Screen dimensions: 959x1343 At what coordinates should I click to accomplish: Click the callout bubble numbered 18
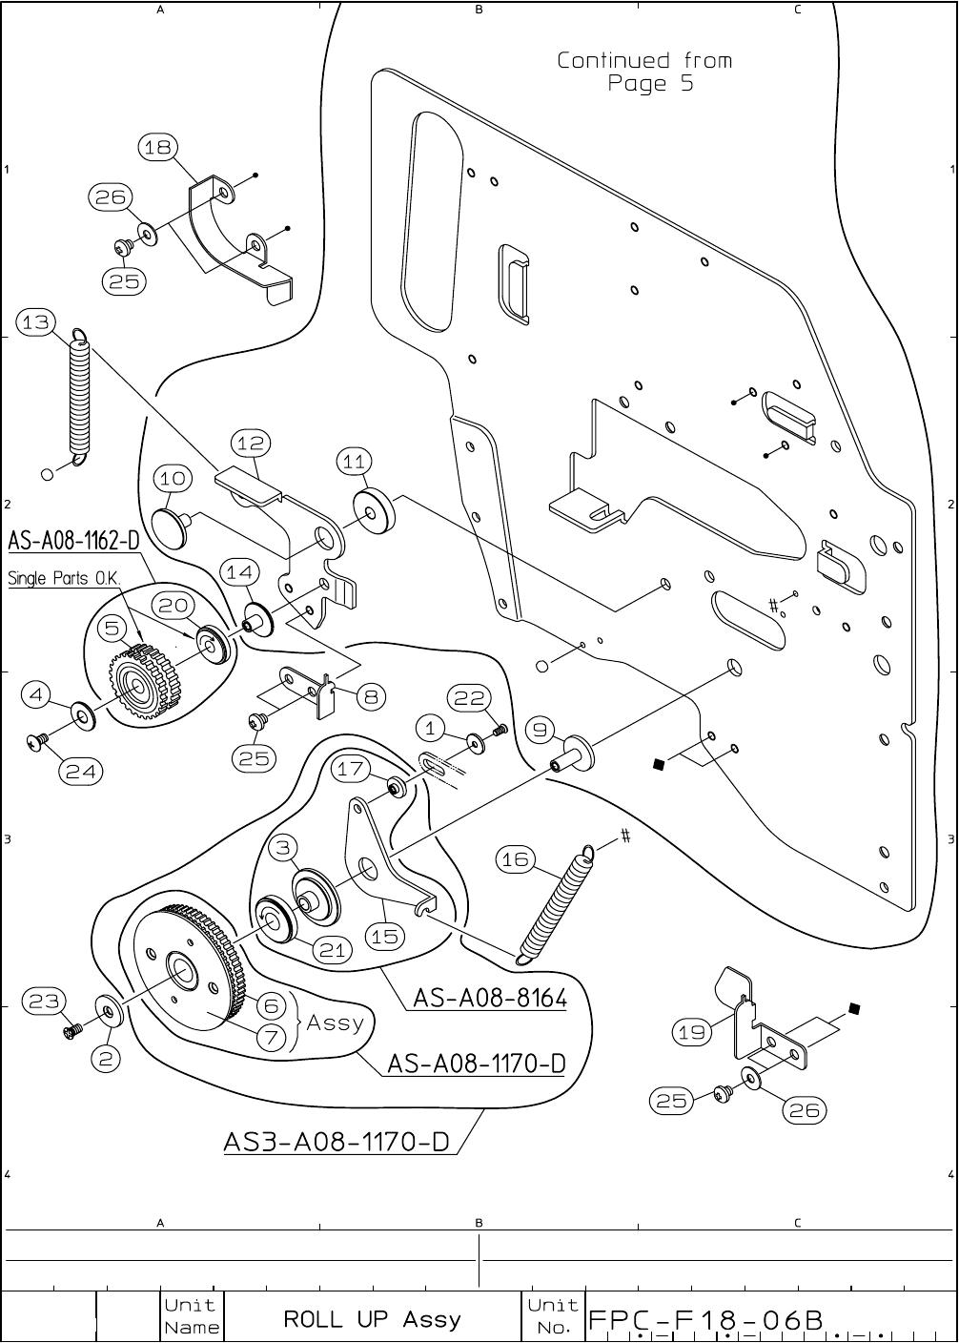click(x=158, y=148)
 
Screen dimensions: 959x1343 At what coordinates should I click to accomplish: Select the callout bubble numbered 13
click(x=35, y=322)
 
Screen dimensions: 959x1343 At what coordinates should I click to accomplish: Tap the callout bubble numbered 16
click(x=516, y=859)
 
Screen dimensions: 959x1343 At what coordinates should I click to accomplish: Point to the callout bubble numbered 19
click(x=692, y=1032)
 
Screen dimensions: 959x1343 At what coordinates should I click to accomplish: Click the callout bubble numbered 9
click(x=541, y=730)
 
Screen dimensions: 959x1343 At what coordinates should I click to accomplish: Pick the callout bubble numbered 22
click(x=469, y=698)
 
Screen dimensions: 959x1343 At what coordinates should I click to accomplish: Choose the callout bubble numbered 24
click(x=81, y=771)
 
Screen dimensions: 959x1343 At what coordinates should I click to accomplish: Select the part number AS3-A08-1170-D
click(x=337, y=1142)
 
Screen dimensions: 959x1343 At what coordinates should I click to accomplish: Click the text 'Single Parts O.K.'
click(x=64, y=579)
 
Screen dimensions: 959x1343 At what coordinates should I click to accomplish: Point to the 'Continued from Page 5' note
click(x=645, y=72)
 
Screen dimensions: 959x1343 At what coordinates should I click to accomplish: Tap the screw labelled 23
click(x=71, y=1032)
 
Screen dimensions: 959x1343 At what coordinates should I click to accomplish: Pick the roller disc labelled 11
click(x=374, y=511)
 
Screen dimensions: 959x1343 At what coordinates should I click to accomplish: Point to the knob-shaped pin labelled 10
click(x=171, y=527)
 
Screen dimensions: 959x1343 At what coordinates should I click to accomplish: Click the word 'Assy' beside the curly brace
click(x=335, y=1022)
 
